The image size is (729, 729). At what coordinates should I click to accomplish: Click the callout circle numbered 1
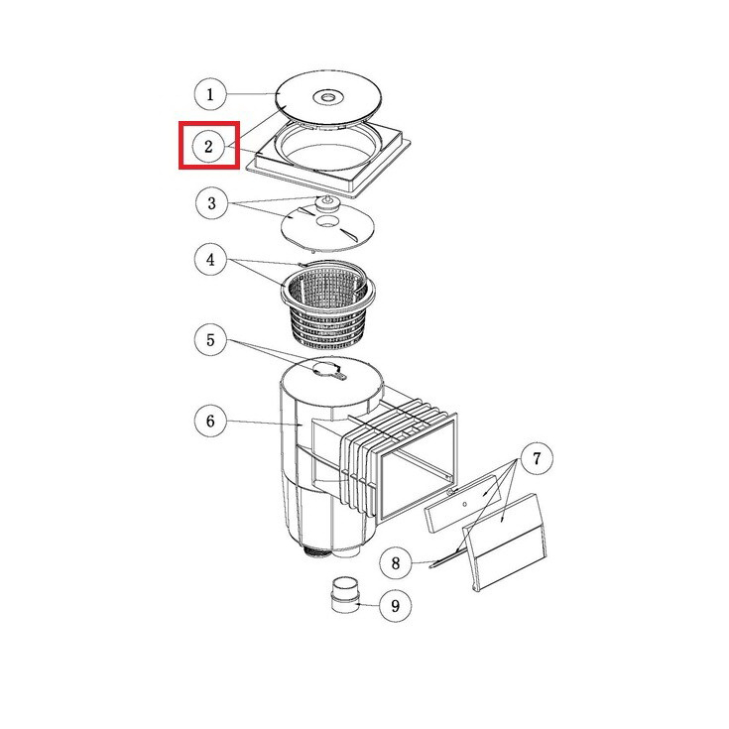[210, 94]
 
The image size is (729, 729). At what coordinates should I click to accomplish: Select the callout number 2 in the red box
[208, 147]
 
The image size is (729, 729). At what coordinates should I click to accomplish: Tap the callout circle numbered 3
[211, 203]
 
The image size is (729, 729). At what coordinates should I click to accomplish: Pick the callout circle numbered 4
[210, 260]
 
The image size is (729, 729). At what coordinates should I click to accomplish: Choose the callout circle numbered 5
[210, 340]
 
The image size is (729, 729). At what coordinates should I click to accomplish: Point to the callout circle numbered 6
[210, 422]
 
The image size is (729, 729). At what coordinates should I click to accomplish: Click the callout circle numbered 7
[537, 459]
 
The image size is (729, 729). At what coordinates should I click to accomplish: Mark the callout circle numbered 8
[396, 563]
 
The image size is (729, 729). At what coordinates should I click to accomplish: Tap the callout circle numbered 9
[395, 606]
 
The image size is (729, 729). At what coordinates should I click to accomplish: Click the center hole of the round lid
[328, 97]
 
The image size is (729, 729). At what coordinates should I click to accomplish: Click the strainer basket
[327, 304]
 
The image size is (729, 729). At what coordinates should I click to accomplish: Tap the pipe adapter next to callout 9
[344, 595]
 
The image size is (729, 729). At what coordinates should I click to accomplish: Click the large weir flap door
[505, 543]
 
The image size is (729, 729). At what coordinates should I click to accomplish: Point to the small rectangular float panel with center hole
[463, 504]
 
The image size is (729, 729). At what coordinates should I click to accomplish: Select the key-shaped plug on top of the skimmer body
[328, 370]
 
